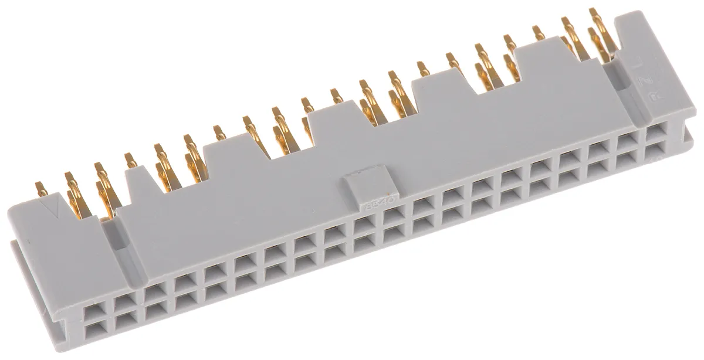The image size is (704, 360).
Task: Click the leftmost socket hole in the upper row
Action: pos(93,308)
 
